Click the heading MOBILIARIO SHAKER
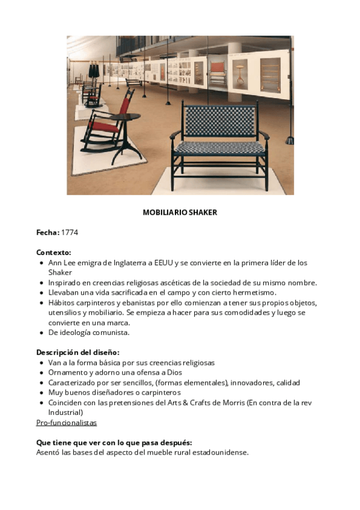180,212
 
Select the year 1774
70,232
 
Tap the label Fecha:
47,232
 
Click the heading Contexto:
53,252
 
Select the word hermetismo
255,292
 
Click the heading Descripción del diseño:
78,352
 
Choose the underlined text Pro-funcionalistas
66,423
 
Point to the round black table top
124,116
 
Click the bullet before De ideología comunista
40,333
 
